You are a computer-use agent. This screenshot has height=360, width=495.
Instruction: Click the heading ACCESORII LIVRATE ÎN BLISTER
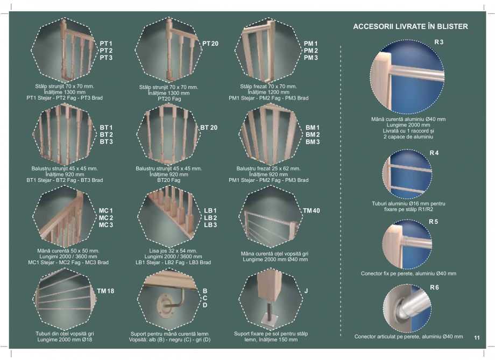tap(410, 26)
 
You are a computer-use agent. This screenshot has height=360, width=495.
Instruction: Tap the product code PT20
tap(210, 43)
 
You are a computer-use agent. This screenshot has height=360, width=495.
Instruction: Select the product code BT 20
tap(209, 128)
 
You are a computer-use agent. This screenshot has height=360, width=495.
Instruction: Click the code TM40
tap(312, 210)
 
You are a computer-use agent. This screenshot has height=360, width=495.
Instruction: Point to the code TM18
tap(106, 291)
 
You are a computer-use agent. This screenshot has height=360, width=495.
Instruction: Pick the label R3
tap(439, 42)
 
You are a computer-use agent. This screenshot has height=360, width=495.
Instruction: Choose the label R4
tap(434, 153)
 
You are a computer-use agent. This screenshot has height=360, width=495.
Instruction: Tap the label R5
tap(434, 221)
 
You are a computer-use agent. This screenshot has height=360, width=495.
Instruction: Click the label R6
tap(434, 288)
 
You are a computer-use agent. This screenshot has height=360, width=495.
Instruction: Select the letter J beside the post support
tap(306, 291)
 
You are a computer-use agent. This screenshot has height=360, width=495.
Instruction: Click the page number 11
tap(477, 338)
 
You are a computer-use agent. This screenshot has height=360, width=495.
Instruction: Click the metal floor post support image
tap(270, 301)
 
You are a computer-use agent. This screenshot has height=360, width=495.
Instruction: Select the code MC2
tap(105, 217)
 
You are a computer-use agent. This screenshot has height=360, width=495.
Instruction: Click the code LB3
tap(210, 225)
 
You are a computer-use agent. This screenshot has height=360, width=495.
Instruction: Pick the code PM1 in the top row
tap(311, 43)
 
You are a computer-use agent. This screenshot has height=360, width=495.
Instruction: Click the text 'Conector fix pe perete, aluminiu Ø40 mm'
tap(408, 273)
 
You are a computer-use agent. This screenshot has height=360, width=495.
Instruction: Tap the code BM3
tap(313, 142)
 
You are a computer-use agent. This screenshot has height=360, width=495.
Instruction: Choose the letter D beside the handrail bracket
tap(204, 306)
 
